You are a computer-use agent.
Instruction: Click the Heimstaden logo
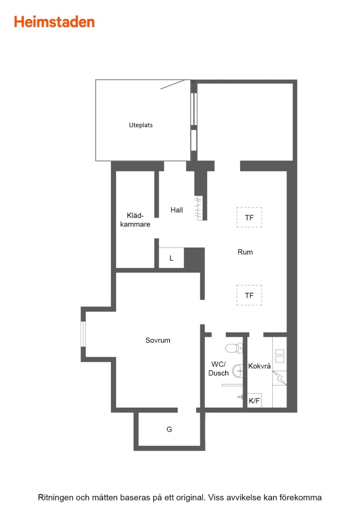click(x=54, y=22)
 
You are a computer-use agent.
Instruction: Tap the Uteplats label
click(x=141, y=125)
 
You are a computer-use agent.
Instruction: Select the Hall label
click(x=177, y=210)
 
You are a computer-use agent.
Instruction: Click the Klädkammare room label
click(x=135, y=220)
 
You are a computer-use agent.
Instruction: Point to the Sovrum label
click(x=157, y=340)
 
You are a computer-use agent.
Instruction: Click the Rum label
click(x=245, y=252)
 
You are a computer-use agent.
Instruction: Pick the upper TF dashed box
click(x=249, y=217)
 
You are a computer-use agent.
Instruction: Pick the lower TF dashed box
click(x=249, y=295)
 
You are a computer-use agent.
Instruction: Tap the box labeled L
click(x=172, y=258)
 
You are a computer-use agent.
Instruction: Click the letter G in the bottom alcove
click(x=169, y=429)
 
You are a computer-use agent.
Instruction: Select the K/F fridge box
click(x=254, y=400)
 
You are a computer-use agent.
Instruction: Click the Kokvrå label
click(x=259, y=366)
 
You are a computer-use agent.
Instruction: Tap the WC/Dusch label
click(x=218, y=368)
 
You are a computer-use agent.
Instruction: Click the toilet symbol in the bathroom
click(x=234, y=348)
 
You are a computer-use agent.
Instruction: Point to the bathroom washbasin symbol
click(x=238, y=371)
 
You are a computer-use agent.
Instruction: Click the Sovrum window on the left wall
click(x=83, y=334)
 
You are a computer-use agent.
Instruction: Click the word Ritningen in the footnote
click(x=55, y=497)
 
